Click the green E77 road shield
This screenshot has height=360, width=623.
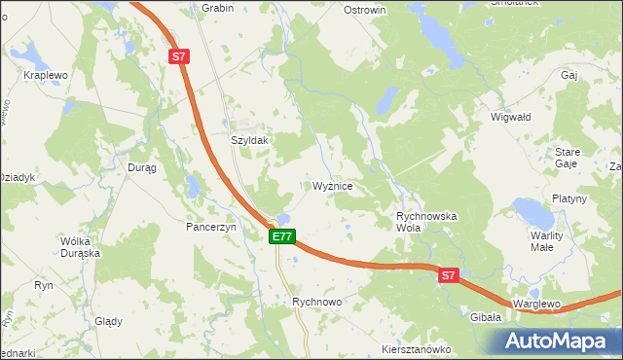[x=282, y=236]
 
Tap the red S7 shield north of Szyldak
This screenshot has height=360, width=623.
[x=178, y=57]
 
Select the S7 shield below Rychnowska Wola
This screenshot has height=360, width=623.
[x=447, y=276]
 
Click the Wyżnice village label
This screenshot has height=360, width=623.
[x=339, y=186]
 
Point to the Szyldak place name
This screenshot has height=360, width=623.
[x=248, y=140]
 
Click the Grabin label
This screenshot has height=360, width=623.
[x=218, y=8]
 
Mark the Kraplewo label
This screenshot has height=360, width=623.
[x=46, y=75]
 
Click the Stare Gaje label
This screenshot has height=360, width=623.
[x=567, y=158]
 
